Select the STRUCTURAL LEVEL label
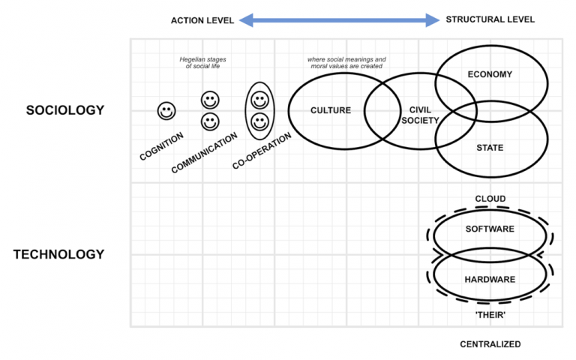tap(490, 19)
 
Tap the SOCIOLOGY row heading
tap(65, 110)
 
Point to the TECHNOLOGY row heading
tap(58, 254)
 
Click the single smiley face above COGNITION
tap(166, 111)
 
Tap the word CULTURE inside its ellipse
tap(330, 111)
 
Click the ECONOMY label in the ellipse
tap(490, 74)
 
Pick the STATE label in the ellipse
tap(490, 148)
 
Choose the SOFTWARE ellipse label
tap(490, 229)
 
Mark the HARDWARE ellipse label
tap(490, 279)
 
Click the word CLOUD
tap(490, 199)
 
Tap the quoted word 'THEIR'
tap(490, 316)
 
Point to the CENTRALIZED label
tap(490, 344)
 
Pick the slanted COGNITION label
tap(161, 146)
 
